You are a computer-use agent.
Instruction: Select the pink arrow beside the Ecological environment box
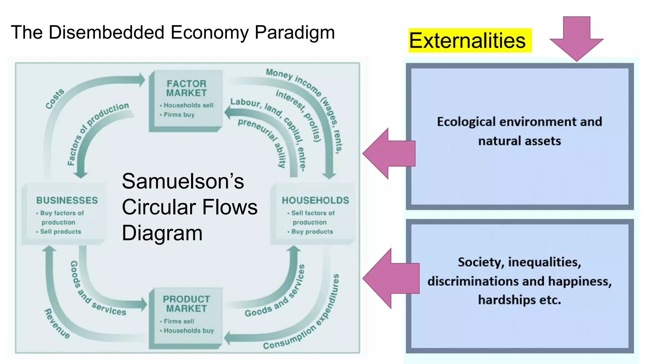coord(390,154)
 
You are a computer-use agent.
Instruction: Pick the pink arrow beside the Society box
coord(392,278)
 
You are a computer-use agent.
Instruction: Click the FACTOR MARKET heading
coord(186,88)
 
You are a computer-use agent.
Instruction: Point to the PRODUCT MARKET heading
coord(186,304)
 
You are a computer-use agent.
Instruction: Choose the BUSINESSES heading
coord(67,200)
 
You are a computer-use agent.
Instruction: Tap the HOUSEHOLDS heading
coord(315,200)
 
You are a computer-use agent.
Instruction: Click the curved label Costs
coord(55,99)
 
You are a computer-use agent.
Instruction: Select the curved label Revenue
coord(57,324)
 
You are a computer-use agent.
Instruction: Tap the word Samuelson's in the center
coord(183,181)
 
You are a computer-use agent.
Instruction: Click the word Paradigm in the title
coord(294,32)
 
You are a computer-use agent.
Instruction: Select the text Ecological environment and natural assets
coord(519,131)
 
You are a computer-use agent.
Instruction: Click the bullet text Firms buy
coord(179,115)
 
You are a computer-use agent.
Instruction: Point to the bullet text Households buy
coord(189,331)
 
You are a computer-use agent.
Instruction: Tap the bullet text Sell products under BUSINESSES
coord(61,232)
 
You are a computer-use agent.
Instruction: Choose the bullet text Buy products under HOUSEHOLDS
coord(312,232)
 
